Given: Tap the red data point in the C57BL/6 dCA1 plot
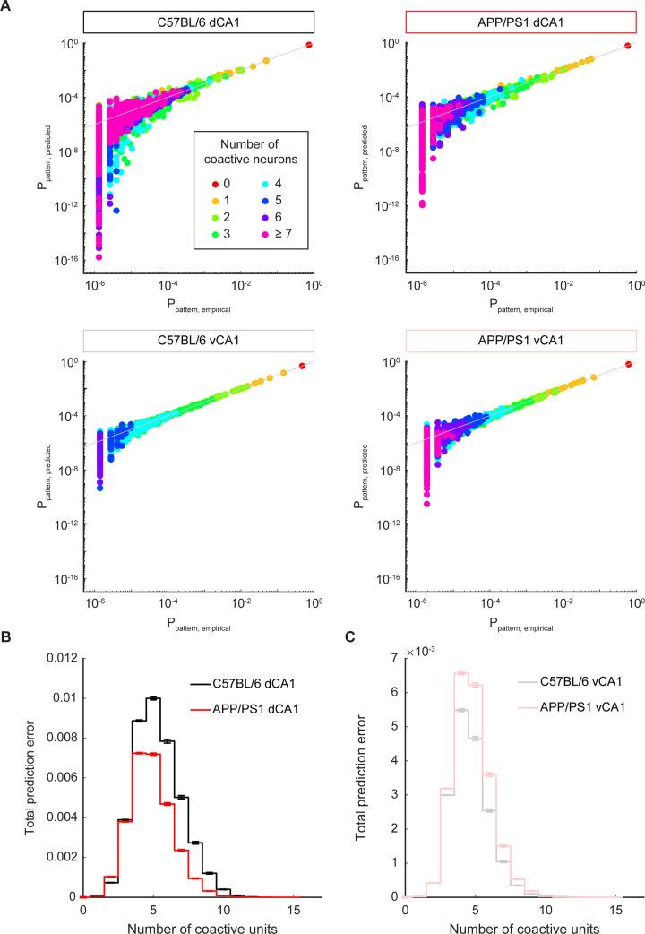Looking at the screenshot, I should click(309, 45).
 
